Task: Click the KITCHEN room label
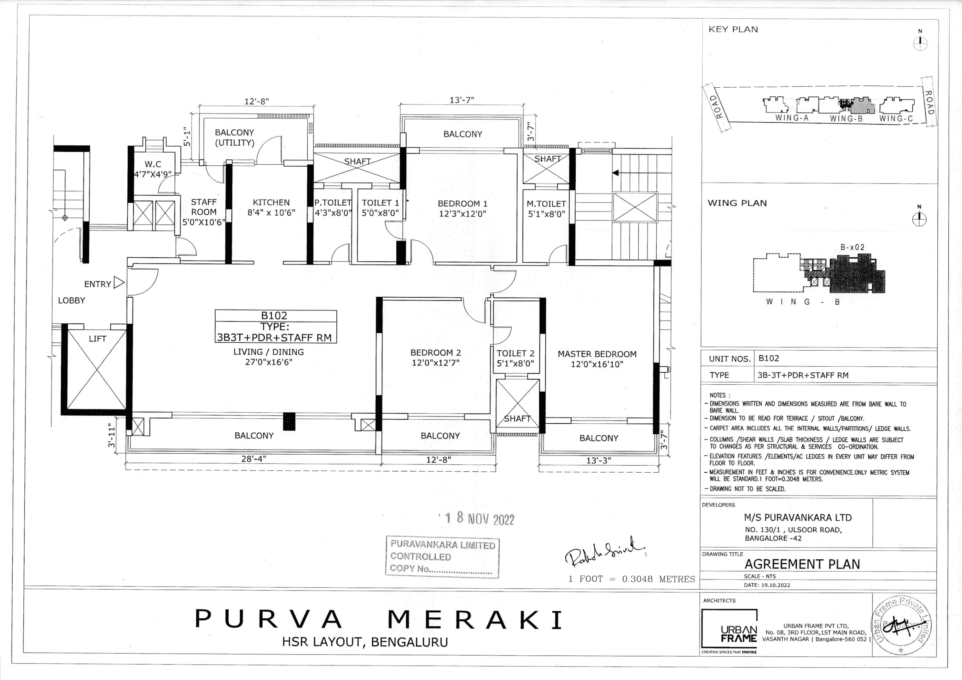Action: (x=271, y=202)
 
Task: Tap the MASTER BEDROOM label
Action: (x=597, y=354)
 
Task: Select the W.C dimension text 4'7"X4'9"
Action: (x=153, y=174)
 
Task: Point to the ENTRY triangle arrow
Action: (x=119, y=283)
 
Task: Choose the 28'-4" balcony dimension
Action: (x=253, y=459)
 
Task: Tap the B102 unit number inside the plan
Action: (x=274, y=315)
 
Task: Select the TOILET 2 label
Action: (x=515, y=353)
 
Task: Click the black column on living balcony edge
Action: (x=289, y=421)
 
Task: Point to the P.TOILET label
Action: (x=333, y=203)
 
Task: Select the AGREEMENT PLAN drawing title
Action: (x=802, y=564)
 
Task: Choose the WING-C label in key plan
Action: (x=896, y=119)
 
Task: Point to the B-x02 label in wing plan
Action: (x=852, y=247)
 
